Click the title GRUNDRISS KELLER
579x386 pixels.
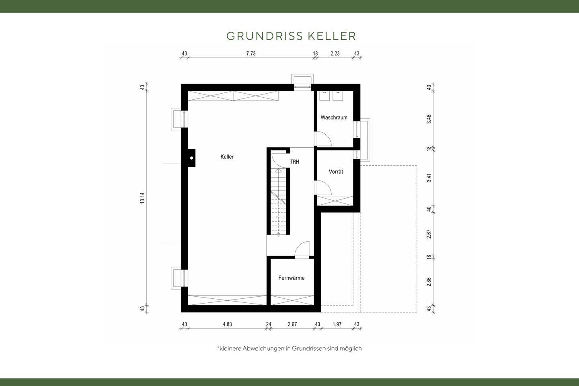[291, 36]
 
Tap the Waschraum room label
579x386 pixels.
[334, 118]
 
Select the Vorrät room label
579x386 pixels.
[336, 172]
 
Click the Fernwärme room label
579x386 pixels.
[292, 278]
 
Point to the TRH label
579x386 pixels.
[295, 162]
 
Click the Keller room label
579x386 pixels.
[227, 157]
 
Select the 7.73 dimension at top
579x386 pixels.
[250, 53]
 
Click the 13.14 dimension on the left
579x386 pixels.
[142, 198]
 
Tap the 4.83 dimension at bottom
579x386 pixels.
[227, 324]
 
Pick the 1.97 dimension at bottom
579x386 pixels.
[337, 324]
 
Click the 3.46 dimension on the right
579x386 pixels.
[429, 119]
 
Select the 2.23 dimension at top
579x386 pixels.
[335, 53]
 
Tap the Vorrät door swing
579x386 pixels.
[324, 188]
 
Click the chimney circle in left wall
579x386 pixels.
[192, 158]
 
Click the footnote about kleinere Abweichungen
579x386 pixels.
[289, 349]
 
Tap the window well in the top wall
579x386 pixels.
[302, 81]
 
